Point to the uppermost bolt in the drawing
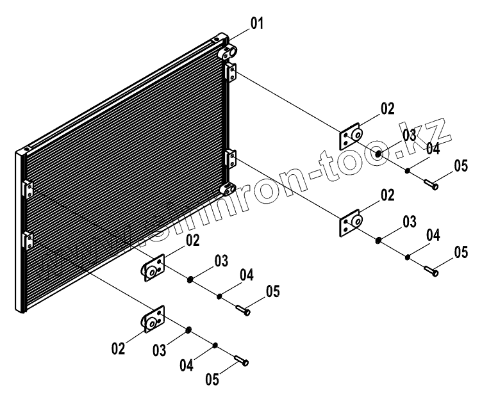(431, 185)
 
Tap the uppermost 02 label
(387, 109)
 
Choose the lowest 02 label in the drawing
(117, 349)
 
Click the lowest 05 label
(213, 379)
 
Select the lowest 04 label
(187, 366)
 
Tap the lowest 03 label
(159, 350)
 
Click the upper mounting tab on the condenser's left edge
(27, 190)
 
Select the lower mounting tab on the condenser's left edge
(27, 239)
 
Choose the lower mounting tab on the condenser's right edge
(231, 158)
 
